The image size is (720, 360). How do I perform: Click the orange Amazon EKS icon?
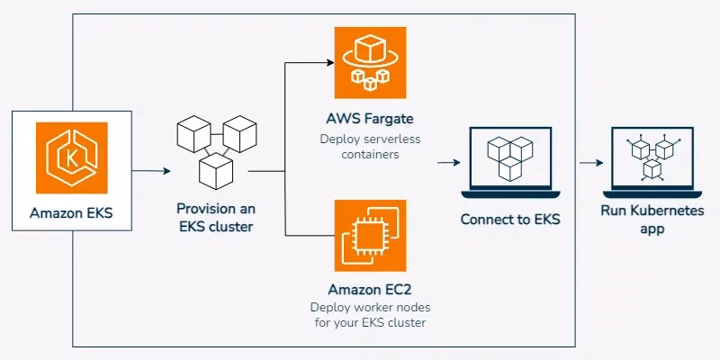pos(72,158)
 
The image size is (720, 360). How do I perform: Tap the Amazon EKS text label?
pos(72,213)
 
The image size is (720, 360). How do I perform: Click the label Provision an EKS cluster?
pos(215,217)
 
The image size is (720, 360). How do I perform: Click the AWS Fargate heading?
pos(371,119)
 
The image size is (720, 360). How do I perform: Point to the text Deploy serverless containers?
pos(371,146)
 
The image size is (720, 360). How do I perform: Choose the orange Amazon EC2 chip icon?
pos(370,236)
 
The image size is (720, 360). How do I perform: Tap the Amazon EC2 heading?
pos(371,290)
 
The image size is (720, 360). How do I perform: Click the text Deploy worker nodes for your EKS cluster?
pos(371,315)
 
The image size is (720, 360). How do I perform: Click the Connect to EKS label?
pos(510,219)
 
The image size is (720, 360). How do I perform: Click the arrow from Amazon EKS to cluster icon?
pos(150,170)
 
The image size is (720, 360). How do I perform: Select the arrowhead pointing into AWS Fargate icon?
pos(326,63)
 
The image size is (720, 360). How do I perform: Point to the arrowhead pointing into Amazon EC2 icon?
pos(326,236)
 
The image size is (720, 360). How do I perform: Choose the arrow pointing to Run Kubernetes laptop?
pos(590,163)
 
